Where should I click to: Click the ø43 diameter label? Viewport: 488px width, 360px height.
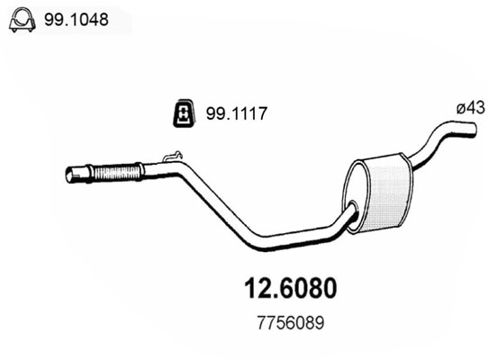470,107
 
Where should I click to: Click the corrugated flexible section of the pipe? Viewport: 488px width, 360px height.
118,171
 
